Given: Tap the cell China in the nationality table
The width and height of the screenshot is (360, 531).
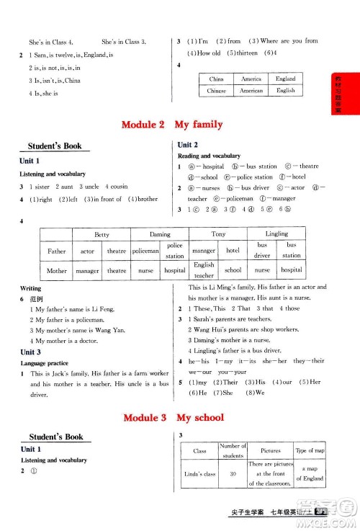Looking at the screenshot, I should pos(216,79).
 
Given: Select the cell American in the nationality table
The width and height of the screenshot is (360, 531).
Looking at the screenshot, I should pos(251,91).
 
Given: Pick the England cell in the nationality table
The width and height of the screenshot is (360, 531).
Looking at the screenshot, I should pos(285,79).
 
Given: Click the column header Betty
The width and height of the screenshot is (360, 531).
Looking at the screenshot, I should pos(102,234).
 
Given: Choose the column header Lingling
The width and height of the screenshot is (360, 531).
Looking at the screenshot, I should pos(276,234).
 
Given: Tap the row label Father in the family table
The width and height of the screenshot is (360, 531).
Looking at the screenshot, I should pos(56,251).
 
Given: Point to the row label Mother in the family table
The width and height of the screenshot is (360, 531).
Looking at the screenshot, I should pos(56,270).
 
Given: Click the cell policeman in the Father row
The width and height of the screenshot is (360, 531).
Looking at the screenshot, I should pos(145,251).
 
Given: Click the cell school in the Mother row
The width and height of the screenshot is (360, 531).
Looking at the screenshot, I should pos(233,270).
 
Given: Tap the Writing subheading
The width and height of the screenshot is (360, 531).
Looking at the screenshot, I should pos(31,288).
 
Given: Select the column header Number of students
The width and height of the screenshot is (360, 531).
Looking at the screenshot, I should pos(233,450).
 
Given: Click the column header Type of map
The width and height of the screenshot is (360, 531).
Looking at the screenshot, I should pos(310,450).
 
